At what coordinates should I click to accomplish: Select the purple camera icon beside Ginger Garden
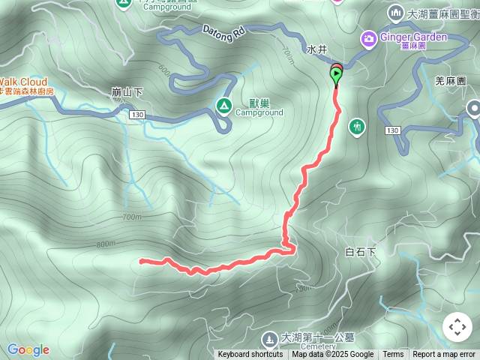pos(369,37)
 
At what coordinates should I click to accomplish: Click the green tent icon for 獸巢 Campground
pos(223,106)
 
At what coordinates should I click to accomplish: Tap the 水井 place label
pos(317,49)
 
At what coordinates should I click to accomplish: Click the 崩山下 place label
pos(127,91)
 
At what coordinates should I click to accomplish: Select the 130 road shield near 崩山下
pos(136,114)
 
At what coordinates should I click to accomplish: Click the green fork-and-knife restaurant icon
pos(357,125)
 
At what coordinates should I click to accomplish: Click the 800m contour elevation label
pos(106,244)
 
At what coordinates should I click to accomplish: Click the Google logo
pos(28,349)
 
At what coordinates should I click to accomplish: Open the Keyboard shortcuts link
pos(250,355)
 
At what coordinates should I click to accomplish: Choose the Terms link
pos(393,355)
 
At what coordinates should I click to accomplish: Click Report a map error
pos(444,355)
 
